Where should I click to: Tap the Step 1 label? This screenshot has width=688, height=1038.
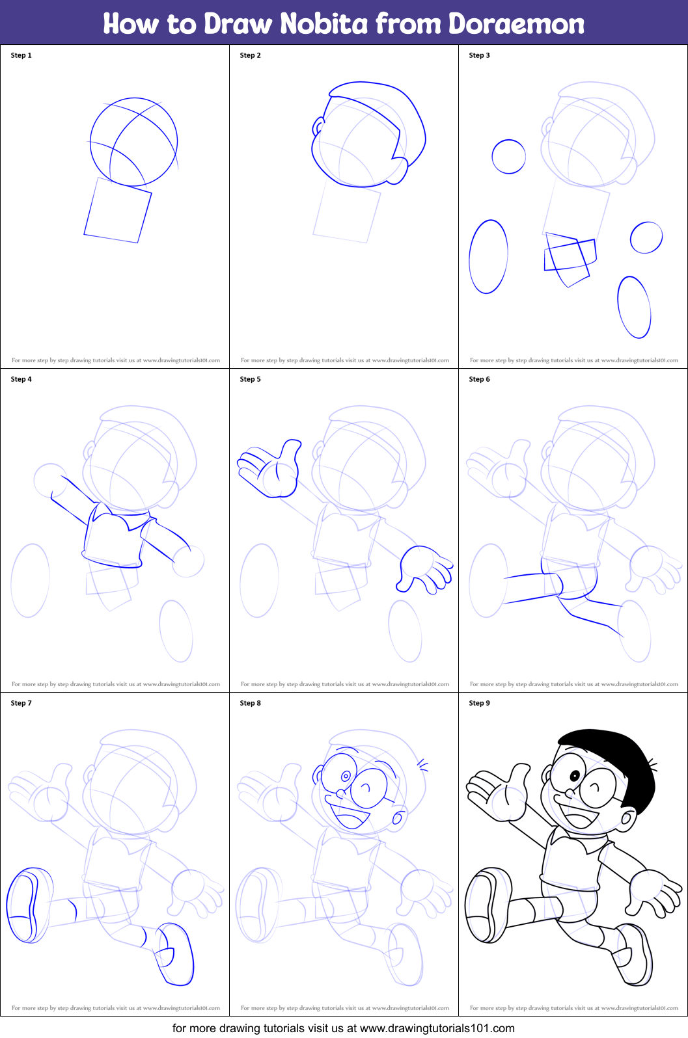coord(21,55)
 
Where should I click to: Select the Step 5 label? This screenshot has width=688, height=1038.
coord(251,379)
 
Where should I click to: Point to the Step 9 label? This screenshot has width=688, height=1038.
coord(479,703)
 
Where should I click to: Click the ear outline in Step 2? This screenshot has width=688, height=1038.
coord(318,126)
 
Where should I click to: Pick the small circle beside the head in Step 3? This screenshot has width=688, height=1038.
coord(508,157)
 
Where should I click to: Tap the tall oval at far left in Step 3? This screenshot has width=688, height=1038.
coord(488,257)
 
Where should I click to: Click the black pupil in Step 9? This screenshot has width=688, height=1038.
coord(574,776)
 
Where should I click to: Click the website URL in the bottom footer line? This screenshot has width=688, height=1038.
coord(437,1028)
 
